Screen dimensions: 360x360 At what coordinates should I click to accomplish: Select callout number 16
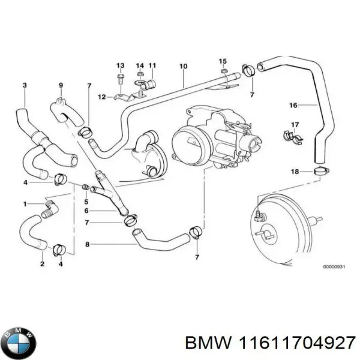(293, 106)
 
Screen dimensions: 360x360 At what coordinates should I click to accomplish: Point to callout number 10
(183, 66)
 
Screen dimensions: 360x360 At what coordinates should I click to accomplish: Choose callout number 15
(223, 61)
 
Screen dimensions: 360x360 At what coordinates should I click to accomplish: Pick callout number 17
(294, 125)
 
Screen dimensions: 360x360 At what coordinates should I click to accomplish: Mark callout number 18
(294, 172)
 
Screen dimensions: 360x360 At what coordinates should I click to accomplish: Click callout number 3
(24, 85)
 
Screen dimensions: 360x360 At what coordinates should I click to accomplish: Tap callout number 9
(61, 85)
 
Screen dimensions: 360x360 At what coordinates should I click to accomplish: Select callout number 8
(87, 244)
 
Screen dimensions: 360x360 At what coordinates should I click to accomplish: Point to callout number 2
(42, 264)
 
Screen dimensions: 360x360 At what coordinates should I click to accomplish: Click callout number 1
(25, 205)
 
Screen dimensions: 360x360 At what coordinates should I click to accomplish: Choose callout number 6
(86, 211)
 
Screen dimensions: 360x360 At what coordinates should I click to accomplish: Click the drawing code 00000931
(334, 266)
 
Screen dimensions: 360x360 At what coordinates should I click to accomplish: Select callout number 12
(101, 97)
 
